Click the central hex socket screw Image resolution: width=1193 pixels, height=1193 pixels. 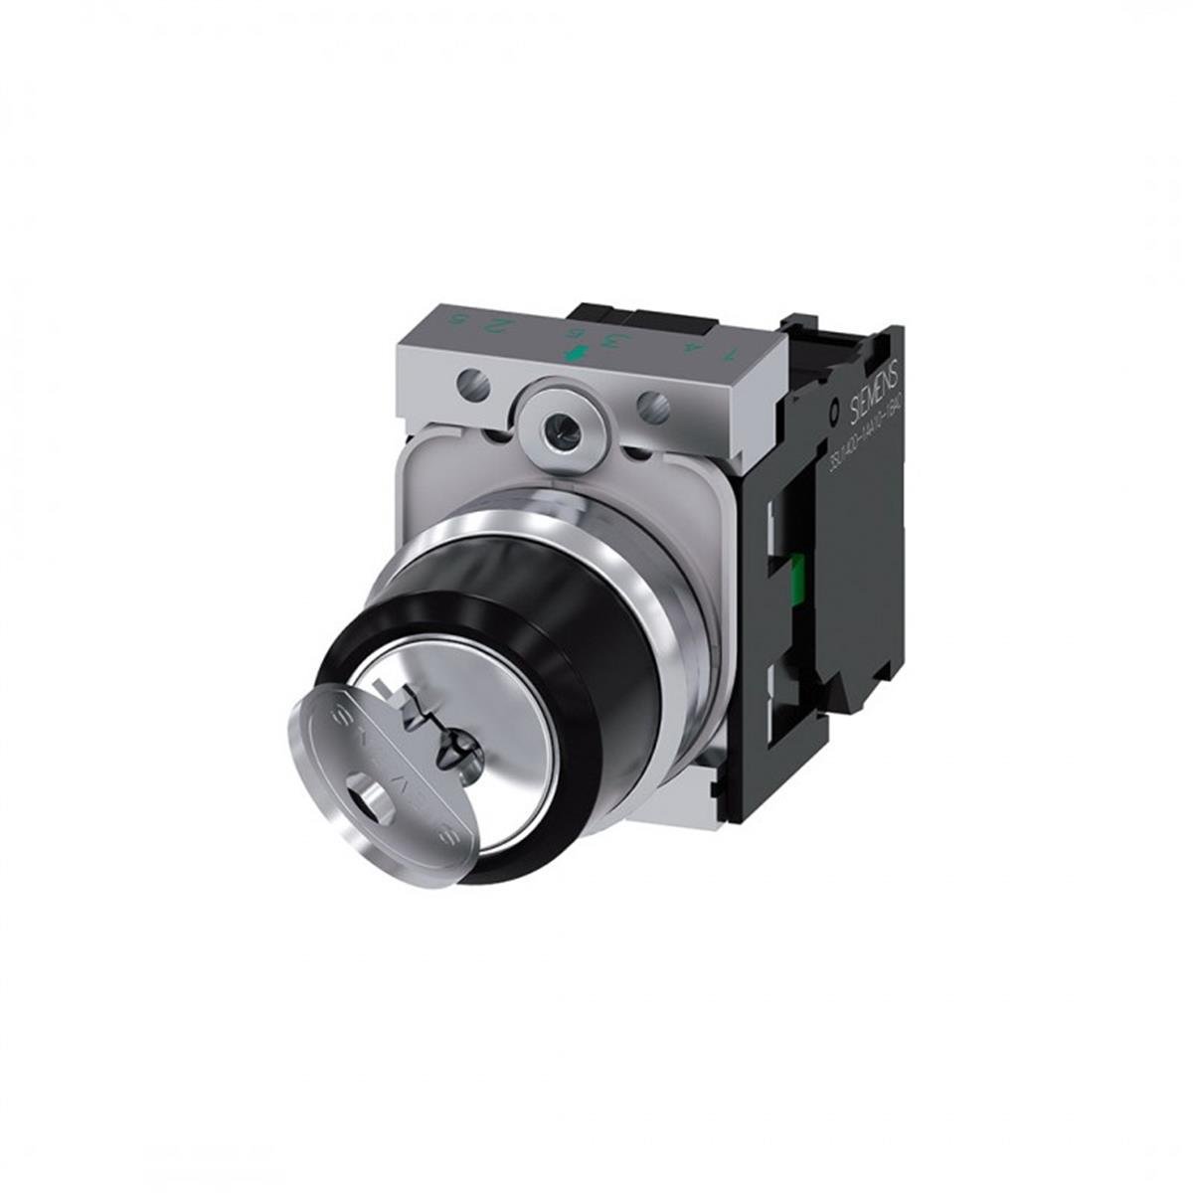tap(559, 406)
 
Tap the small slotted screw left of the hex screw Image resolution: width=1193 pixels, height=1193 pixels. tap(474, 381)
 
